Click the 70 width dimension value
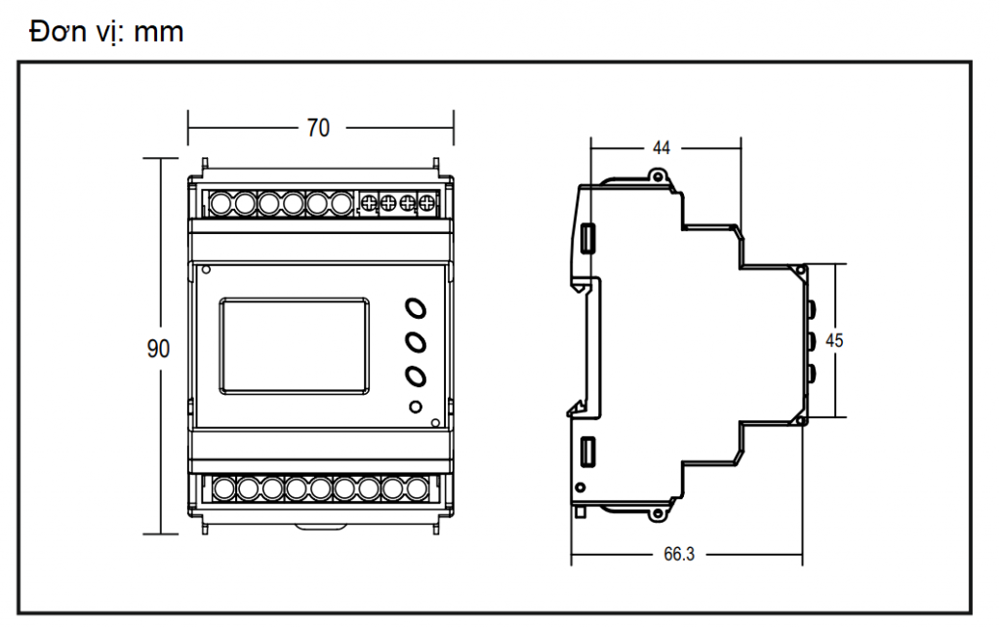[319, 128]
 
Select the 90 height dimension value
[159, 348]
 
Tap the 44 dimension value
[661, 148]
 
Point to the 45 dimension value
[834, 340]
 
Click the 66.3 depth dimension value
[679, 554]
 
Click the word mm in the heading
[159, 32]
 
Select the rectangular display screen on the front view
[295, 345]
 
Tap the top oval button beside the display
[416, 308]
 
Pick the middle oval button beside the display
[416, 342]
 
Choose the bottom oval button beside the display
[416, 375]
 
